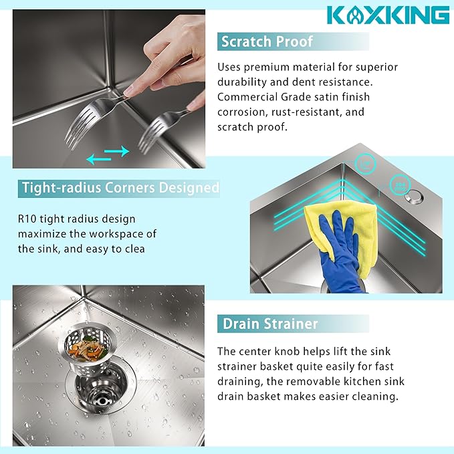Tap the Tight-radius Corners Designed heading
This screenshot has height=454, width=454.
point(120,187)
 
